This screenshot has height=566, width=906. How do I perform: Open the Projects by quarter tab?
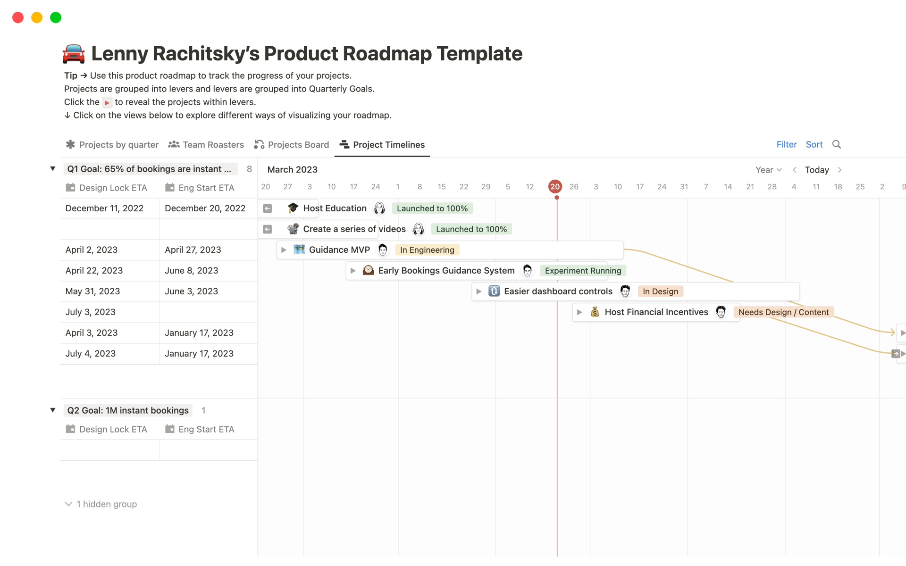[112, 145]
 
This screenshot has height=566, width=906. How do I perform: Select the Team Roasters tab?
[206, 145]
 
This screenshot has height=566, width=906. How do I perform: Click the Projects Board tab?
[292, 145]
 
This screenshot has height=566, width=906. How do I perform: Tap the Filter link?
[787, 144]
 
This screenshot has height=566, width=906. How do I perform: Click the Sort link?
[814, 144]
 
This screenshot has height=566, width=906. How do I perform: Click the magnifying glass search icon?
[837, 144]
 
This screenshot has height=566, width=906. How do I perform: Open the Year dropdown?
[768, 170]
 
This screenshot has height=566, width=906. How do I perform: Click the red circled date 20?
[555, 186]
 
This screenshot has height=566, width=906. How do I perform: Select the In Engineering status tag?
[427, 250]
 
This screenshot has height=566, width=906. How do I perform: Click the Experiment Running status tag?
[583, 271]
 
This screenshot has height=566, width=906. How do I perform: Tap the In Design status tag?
[660, 291]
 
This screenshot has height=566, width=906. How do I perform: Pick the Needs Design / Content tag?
[783, 312]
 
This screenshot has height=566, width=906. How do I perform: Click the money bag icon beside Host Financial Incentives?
[595, 312]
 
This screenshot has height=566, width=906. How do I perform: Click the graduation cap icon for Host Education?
[293, 208]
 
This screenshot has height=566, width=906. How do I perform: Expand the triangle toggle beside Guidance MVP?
[284, 250]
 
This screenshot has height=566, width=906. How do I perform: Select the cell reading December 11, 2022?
[104, 208]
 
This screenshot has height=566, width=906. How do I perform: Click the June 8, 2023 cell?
[191, 271]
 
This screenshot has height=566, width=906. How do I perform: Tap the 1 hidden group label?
[106, 504]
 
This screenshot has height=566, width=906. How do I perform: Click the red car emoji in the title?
[74, 54]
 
